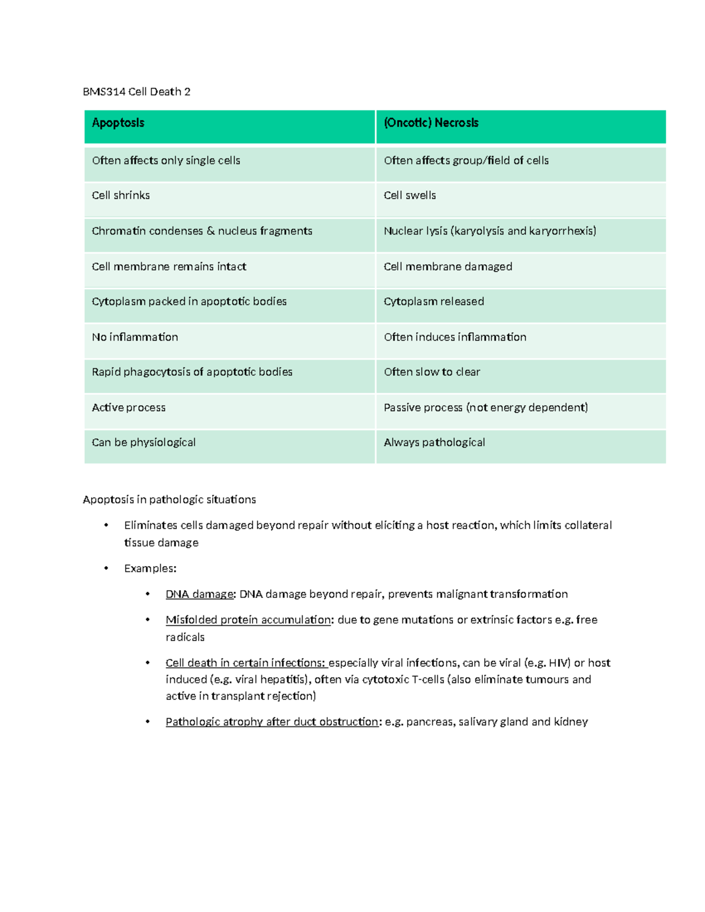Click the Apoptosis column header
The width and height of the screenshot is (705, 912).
(118, 123)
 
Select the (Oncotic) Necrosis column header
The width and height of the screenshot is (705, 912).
(431, 123)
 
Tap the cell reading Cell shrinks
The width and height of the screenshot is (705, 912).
(121, 196)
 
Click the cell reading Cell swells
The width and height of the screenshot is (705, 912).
(409, 196)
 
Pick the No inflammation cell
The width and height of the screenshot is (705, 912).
(135, 337)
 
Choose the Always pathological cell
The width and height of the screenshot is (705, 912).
(434, 442)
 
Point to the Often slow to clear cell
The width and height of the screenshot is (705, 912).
(432, 372)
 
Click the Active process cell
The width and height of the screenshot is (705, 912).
(129, 408)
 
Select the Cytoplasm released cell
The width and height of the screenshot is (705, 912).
(434, 301)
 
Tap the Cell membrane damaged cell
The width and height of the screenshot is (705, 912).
(448, 267)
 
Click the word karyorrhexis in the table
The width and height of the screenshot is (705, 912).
(562, 231)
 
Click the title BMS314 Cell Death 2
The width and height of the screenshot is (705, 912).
(137, 92)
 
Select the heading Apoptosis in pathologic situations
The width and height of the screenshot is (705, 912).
(169, 500)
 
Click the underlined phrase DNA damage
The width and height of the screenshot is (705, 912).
(200, 594)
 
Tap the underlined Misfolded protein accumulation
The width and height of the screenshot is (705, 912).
(248, 620)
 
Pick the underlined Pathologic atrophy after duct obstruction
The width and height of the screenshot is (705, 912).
(272, 722)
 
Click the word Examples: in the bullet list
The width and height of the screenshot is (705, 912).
(150, 568)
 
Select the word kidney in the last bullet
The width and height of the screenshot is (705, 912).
(570, 722)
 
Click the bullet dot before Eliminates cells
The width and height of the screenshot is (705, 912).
(106, 525)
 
